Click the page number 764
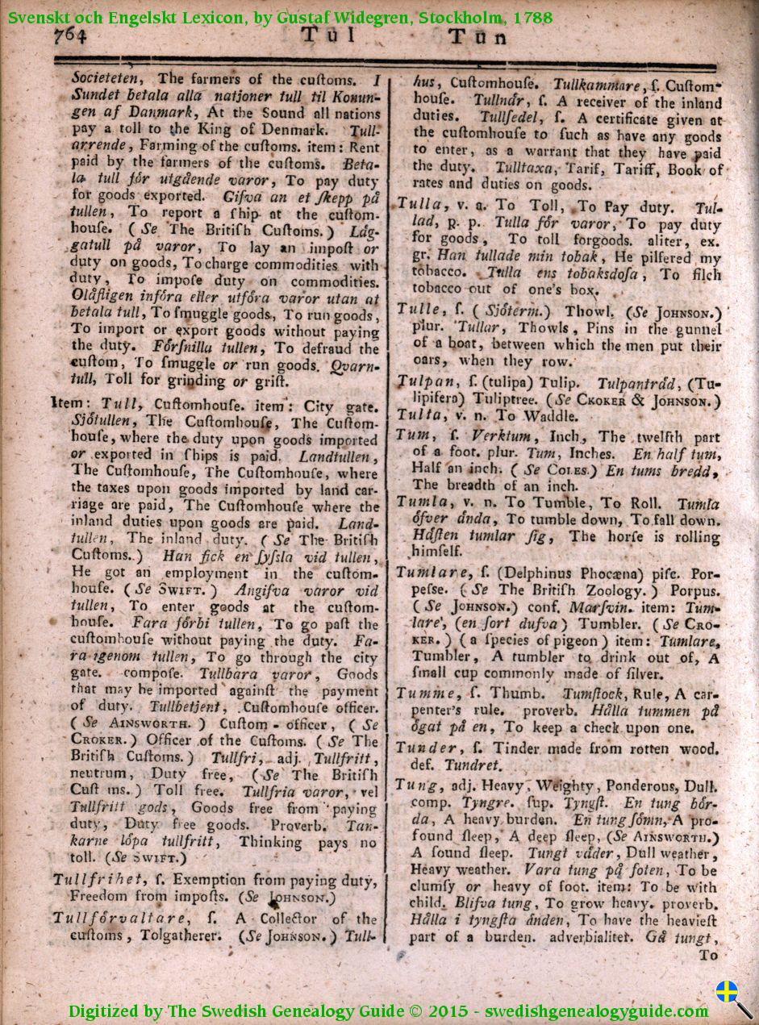[x=70, y=35]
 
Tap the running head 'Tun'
[x=478, y=37]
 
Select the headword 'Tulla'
[x=418, y=206]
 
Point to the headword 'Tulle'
[x=418, y=309]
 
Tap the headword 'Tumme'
[x=421, y=693]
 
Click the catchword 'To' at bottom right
[x=707, y=955]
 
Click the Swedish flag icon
[x=728, y=991]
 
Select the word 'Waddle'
[x=552, y=416]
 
